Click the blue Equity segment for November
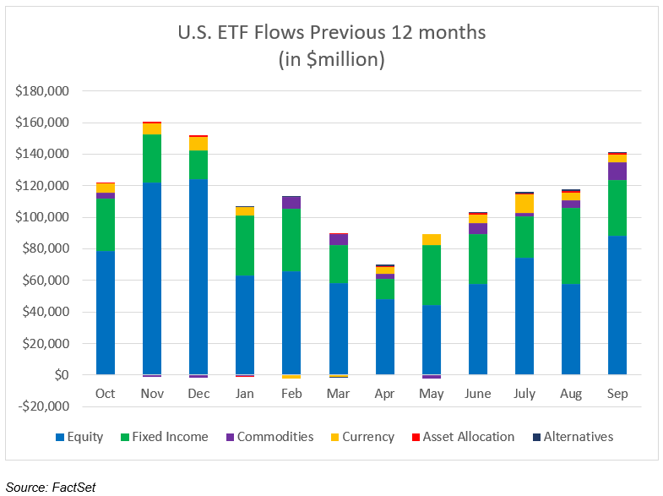click(x=152, y=278)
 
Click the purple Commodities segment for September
click(x=617, y=171)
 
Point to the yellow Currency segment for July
click(x=524, y=204)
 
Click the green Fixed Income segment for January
click(x=245, y=245)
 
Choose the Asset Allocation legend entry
click(x=466, y=437)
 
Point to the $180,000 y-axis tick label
click(x=42, y=91)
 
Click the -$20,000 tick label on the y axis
click(x=42, y=406)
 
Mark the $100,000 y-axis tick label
click(x=42, y=217)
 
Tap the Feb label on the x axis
click(x=291, y=394)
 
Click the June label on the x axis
click(x=478, y=394)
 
